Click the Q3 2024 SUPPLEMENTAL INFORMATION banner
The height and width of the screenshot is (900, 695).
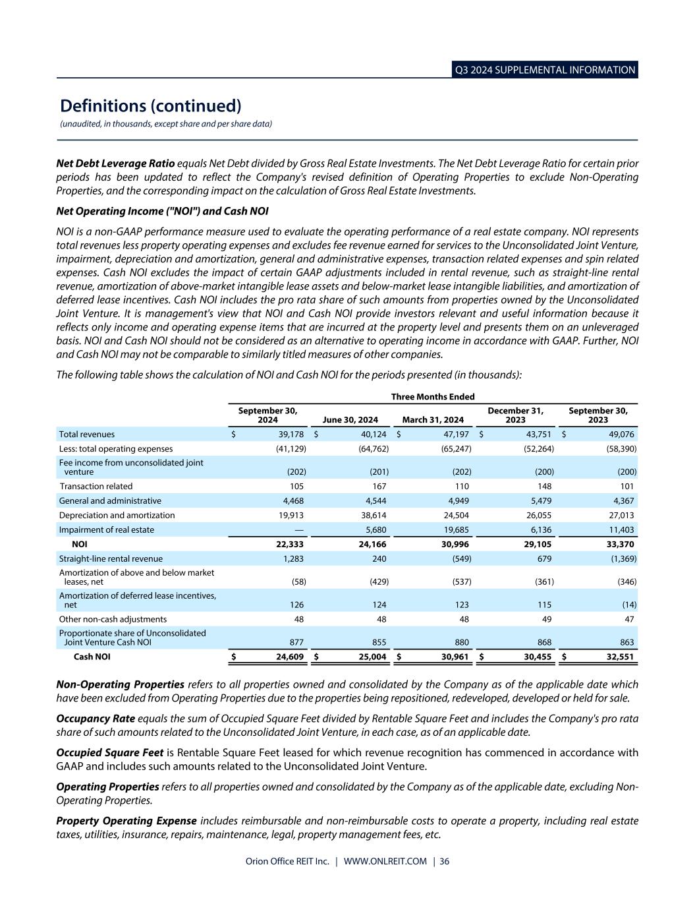coord(545,70)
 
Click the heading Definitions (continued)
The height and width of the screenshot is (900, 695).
coord(151,105)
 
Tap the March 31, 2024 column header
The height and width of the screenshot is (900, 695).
coord(433,420)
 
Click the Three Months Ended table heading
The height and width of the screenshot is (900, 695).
coord(433,396)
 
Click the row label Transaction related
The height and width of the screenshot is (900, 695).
coord(96,487)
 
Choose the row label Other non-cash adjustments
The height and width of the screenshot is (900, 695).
coord(113,620)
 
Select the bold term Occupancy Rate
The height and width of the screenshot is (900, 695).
coord(96,718)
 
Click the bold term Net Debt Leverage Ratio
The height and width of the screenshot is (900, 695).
coord(115,163)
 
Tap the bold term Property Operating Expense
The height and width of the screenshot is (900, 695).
coord(126,821)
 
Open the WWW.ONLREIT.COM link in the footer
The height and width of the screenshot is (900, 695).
coord(385,862)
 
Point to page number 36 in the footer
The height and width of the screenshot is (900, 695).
coord(445,862)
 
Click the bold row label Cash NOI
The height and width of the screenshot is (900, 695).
coord(92,657)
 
